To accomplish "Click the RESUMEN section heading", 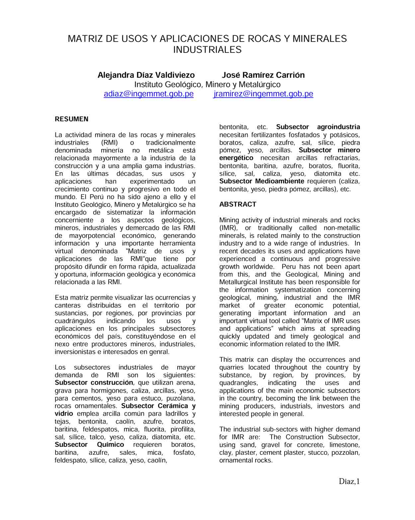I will (x=71, y=119).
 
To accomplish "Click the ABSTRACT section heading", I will (x=238, y=204).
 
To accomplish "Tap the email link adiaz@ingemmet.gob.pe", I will (x=148, y=94).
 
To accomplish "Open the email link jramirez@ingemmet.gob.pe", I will (x=263, y=94).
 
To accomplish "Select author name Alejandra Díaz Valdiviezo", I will (x=146, y=75).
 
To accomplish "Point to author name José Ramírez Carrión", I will (x=263, y=75).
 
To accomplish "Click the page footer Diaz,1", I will (x=349, y=481).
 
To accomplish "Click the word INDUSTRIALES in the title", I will (x=207, y=50).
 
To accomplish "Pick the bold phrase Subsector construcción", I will (x=94, y=383).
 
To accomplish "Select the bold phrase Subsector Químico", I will (x=89, y=445).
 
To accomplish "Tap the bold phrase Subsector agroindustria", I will (x=318, y=127).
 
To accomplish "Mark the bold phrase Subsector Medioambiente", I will (x=262, y=181).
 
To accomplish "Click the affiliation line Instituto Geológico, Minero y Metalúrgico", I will (x=207, y=84).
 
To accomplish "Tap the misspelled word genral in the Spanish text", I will (x=160, y=352).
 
